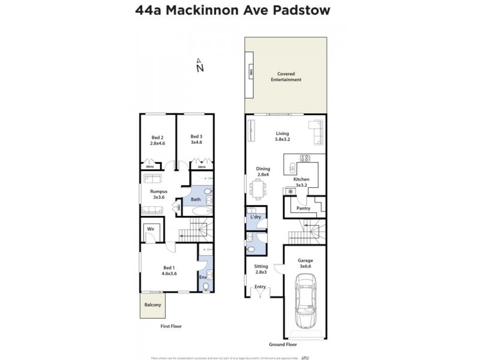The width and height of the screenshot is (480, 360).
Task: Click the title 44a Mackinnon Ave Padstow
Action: (239, 10)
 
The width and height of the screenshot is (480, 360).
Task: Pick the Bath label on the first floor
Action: (196, 199)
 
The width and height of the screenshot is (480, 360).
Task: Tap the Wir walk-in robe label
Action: (151, 229)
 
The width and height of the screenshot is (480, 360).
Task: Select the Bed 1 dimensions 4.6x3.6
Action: (169, 274)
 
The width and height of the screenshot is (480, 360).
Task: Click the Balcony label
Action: (152, 305)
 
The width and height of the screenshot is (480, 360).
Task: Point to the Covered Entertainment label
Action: (285, 76)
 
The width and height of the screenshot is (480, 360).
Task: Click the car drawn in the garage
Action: (305, 301)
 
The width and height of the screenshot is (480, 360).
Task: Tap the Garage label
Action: (305, 261)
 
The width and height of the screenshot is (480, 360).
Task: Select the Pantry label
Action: (304, 208)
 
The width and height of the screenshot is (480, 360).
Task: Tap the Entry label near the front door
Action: (260, 287)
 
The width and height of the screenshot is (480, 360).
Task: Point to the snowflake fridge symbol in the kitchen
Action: (291, 191)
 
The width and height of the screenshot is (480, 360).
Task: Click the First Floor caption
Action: (170, 326)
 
